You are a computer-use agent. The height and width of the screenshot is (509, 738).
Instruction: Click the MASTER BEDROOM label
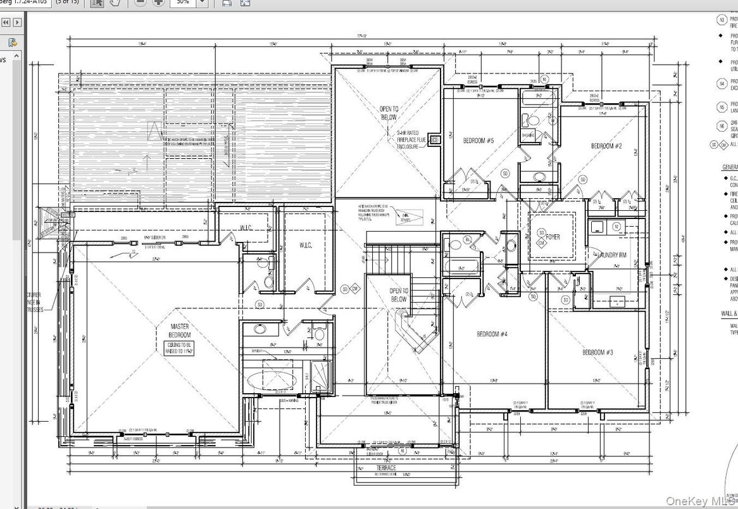[x=179, y=330]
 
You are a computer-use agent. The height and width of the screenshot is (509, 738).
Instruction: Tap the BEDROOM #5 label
[x=478, y=141]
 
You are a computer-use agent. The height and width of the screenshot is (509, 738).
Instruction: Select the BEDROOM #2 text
[x=606, y=146]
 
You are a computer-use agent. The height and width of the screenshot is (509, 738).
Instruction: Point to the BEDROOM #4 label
[x=492, y=334]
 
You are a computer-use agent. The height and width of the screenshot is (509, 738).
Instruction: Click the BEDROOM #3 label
[x=597, y=352]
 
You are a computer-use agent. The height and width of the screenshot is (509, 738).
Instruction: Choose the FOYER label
[x=553, y=237]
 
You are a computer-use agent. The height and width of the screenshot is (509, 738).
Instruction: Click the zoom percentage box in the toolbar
[x=184, y=3]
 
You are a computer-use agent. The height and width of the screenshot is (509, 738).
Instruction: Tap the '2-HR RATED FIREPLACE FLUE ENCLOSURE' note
[x=408, y=140]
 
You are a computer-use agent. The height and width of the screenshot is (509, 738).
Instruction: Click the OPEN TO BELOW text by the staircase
[x=398, y=294]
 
